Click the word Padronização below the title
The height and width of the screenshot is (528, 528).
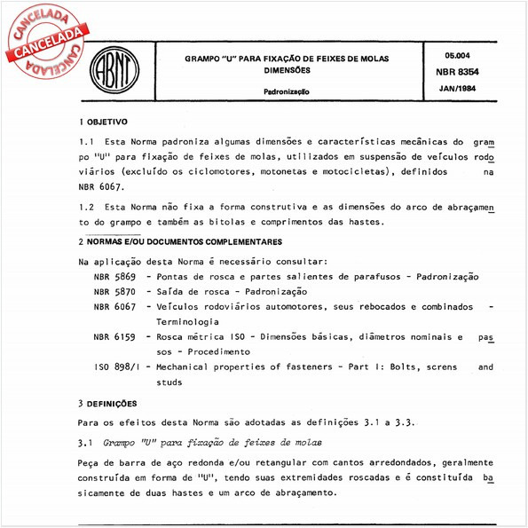pyautogui.click(x=286, y=91)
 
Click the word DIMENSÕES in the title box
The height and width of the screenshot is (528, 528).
pyautogui.click(x=286, y=69)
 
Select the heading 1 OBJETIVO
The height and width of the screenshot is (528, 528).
pyautogui.click(x=104, y=122)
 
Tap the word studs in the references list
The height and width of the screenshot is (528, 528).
pyautogui.click(x=169, y=382)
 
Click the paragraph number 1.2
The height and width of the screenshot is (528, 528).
pyautogui.click(x=86, y=206)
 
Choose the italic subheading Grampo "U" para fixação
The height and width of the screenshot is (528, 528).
pyautogui.click(x=199, y=441)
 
